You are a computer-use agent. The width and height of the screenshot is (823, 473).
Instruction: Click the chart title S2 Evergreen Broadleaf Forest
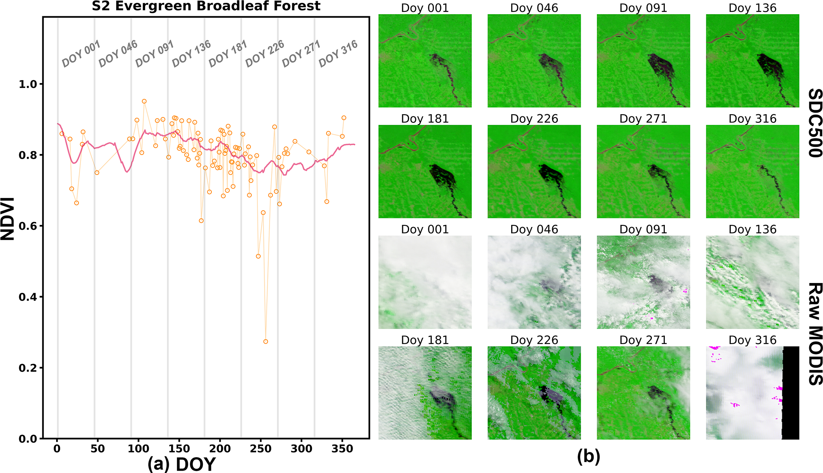click(x=206, y=6)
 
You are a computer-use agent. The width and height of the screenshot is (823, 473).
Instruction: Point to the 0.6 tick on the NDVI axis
click(x=28, y=226)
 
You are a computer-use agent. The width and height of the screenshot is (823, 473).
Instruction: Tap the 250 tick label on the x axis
click(x=261, y=449)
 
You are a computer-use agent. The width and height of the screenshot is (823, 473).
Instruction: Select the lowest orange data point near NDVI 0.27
click(x=266, y=342)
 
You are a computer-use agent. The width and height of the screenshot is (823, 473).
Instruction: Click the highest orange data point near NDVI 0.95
click(x=144, y=101)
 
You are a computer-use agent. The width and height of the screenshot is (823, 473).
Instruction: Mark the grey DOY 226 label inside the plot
click(x=265, y=54)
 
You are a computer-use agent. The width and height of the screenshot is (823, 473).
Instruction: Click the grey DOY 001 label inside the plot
click(x=81, y=54)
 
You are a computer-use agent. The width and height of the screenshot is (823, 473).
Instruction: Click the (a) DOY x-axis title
click(x=181, y=464)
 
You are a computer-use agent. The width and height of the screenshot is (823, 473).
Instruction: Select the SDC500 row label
click(x=815, y=123)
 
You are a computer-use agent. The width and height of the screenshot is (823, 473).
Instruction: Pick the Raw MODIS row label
click(x=815, y=333)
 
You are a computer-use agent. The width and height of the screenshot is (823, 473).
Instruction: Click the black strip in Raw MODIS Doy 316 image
click(x=791, y=393)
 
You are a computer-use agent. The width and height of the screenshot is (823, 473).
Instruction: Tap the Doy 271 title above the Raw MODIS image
click(x=643, y=340)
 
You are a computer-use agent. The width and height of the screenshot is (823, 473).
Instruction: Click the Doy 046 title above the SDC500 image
click(x=534, y=8)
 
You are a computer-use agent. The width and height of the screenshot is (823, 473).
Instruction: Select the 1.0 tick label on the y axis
click(x=28, y=84)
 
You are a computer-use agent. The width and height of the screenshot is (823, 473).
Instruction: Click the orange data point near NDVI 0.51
click(x=258, y=256)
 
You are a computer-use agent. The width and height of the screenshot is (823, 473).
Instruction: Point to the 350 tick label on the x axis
click(x=342, y=449)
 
